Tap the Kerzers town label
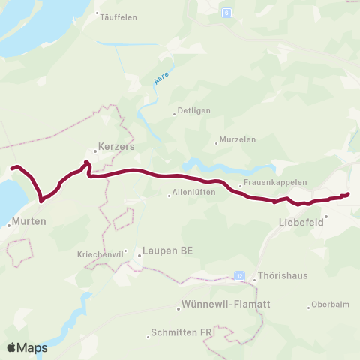(x=116, y=148)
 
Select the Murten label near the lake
(x=30, y=222)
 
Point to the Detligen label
(x=193, y=112)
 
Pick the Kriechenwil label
(x=99, y=255)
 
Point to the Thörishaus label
(x=281, y=276)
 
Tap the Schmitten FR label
(x=183, y=332)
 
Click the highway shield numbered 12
(x=240, y=276)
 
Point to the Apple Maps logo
(x=27, y=347)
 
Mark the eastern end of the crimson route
(x=348, y=195)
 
